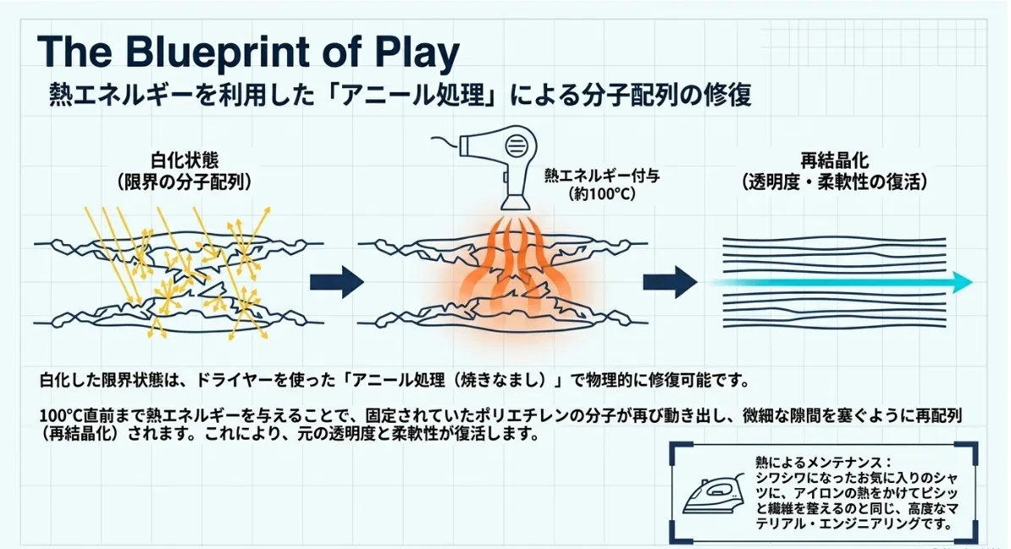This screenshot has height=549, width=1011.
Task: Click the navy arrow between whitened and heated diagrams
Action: pos(336,283)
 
